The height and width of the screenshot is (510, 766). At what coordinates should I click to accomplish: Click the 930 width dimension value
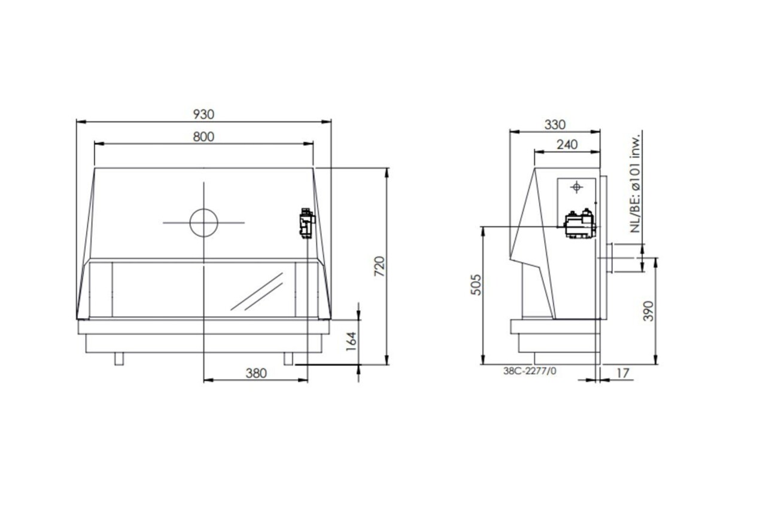(x=204, y=114)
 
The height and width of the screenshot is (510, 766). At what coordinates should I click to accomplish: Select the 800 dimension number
(x=203, y=137)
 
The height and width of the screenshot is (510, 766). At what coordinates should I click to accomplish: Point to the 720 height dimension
(x=379, y=266)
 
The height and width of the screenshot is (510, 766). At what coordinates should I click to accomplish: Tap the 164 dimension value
(x=351, y=341)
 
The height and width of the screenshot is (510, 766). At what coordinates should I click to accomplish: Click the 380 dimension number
(x=256, y=373)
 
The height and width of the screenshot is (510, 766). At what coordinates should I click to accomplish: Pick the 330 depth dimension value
(x=555, y=125)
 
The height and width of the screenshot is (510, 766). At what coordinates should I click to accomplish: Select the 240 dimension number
(x=567, y=145)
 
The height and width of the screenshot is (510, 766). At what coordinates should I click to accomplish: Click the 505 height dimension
(x=476, y=285)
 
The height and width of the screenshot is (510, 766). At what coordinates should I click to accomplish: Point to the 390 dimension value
(x=648, y=311)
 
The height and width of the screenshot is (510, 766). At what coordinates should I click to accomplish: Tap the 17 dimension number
(x=622, y=373)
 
